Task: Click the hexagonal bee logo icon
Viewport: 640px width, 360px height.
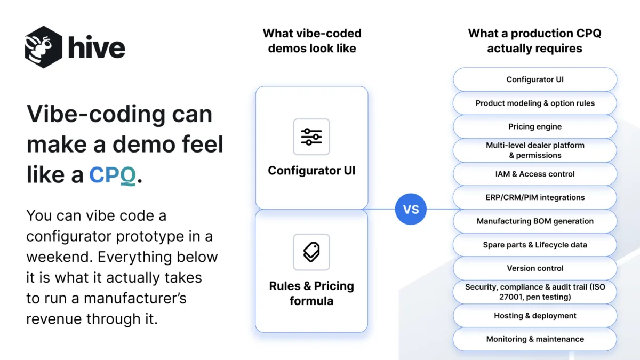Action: coord(43,47)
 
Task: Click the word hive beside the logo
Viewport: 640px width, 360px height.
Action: coord(97,47)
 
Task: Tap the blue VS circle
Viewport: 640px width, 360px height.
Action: coord(411,209)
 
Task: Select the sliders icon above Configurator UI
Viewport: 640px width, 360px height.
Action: coord(311,137)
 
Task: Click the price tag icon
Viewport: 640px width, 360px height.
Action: coord(311,252)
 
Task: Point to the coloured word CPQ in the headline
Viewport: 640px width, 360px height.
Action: coord(113,175)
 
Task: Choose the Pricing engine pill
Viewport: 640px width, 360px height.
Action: coord(535,126)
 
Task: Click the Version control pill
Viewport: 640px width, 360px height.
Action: coord(535,268)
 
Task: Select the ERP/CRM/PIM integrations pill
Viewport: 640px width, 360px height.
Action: coord(535,197)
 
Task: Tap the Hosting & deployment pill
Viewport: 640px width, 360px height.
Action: coord(535,316)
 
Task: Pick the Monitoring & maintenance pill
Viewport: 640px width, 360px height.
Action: coord(535,339)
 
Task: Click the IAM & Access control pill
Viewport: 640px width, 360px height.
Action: coord(535,174)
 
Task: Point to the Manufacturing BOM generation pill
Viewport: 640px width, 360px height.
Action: coord(535,221)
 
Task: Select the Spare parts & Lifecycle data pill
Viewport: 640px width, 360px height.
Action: coord(535,245)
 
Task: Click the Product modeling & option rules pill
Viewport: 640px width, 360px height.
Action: coord(535,103)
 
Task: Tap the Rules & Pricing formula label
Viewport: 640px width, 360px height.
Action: coord(311,293)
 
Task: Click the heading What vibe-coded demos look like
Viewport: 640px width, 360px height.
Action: coord(312,41)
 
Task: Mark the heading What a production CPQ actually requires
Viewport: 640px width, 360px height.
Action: coord(534,41)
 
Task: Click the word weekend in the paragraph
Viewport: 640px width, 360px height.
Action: coord(59,257)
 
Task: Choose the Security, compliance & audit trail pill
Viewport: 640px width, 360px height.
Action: coord(535,292)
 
